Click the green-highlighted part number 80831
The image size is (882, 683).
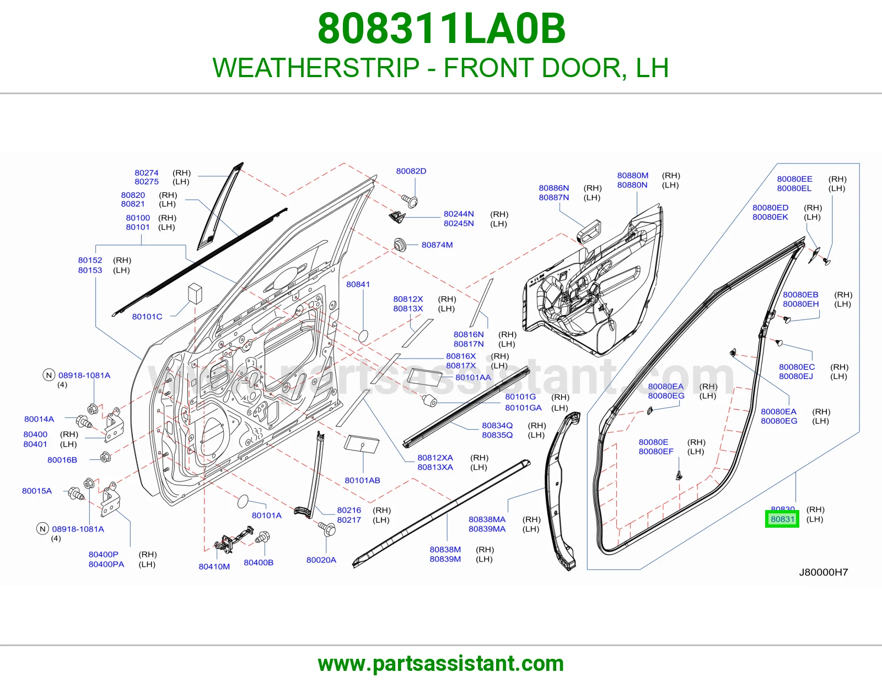(782, 519)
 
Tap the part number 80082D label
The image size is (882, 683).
(411, 171)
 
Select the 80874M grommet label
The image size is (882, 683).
(437, 245)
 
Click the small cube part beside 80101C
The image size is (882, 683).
(195, 293)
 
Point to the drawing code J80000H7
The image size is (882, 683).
(824, 572)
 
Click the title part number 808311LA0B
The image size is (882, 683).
(441, 29)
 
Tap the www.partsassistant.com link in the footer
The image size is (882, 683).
(441, 664)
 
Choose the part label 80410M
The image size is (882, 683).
(214, 567)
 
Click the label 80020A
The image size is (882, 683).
(321, 560)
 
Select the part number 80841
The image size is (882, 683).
(358, 284)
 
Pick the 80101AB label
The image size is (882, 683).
(363, 481)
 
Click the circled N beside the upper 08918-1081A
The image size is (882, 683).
(49, 375)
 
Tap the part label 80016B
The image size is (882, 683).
(62, 460)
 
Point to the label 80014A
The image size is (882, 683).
(39, 419)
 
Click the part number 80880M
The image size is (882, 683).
(633, 176)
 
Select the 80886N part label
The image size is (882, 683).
(554, 188)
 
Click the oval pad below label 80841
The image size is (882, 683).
(363, 337)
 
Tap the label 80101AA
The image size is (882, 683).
(474, 378)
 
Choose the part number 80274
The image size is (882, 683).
(147, 173)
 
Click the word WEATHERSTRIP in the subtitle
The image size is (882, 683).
(316, 68)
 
